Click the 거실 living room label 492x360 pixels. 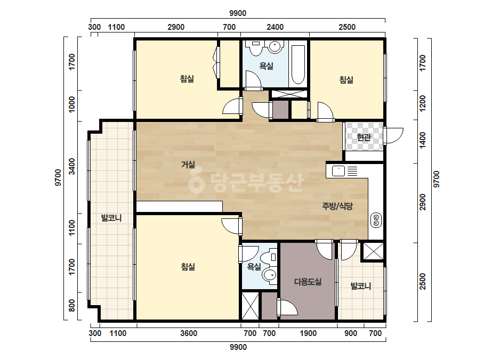click(x=188, y=165)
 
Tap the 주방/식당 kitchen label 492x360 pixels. click(x=337, y=206)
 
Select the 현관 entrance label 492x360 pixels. click(x=364, y=137)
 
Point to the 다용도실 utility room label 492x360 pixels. click(x=308, y=282)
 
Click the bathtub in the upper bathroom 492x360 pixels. click(x=298, y=65)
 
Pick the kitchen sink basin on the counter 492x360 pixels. click(x=338, y=171)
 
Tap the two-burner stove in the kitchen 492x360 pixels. click(x=376, y=220)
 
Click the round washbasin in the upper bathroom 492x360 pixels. click(x=274, y=47)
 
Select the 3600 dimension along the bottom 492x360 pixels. click(x=189, y=333)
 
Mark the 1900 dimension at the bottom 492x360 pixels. click(x=308, y=333)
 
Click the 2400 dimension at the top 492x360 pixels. click(x=275, y=27)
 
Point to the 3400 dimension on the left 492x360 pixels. click(x=72, y=167)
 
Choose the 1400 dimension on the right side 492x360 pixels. click(x=423, y=140)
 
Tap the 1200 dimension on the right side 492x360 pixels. click(x=423, y=103)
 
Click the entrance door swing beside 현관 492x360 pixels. click(x=393, y=135)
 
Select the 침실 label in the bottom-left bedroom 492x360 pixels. click(x=188, y=267)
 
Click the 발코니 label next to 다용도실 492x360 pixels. click(x=360, y=285)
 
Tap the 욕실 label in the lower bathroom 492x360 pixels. click(x=254, y=267)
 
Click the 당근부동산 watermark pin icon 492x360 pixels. click(x=196, y=183)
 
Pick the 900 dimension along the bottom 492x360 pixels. click(x=351, y=333)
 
